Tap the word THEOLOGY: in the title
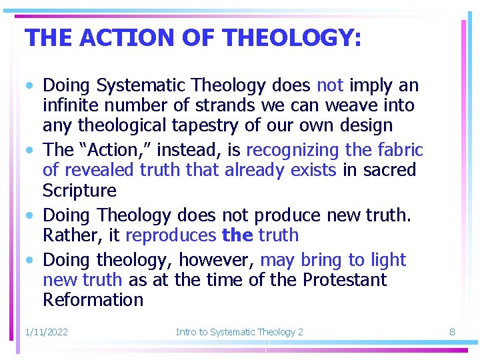point(293,38)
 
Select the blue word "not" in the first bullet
point(329,85)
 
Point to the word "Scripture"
point(79,190)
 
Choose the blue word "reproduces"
point(170,235)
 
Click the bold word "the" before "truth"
point(237,235)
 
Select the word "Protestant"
point(345,279)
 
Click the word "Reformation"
point(93,299)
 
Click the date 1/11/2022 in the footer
point(46,331)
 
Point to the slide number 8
point(451,331)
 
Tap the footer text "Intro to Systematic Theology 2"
point(239,331)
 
